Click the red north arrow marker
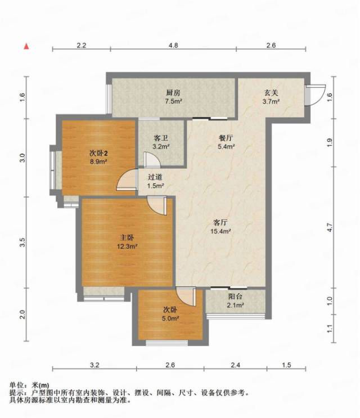pos(26,46)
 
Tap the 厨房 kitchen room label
pos(173,93)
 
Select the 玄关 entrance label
pos(271,93)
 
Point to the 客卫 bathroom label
pos(161,138)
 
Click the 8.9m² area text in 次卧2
pos(98,161)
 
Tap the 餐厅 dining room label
pos(226,138)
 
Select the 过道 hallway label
pos(155,177)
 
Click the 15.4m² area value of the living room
pos(220,231)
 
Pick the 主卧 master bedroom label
pos(127,237)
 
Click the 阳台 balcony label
pos(235,296)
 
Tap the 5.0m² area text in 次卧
pos(170,318)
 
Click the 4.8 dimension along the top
pos(173,46)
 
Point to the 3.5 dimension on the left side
pos(22,242)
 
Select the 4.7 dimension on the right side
pos(330,227)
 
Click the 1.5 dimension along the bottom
pos(286,365)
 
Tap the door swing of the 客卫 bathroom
pos(152,160)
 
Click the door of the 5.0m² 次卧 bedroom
pos(187,296)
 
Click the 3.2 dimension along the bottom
pos(94,365)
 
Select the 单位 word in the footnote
pos(16,385)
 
